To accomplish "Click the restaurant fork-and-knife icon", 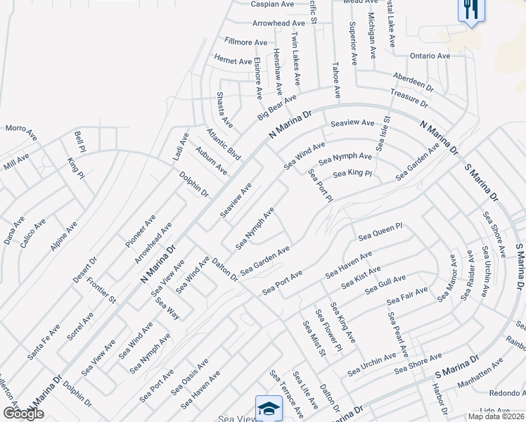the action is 469,11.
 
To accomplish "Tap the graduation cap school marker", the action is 268,408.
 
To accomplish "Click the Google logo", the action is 23,414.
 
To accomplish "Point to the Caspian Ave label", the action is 272,4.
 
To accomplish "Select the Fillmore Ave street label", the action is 245,42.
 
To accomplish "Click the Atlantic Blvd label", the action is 224,143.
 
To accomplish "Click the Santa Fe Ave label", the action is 44,343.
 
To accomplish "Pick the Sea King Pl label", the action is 352,173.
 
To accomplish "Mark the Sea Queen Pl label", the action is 380,231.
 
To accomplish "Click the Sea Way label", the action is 167,309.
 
